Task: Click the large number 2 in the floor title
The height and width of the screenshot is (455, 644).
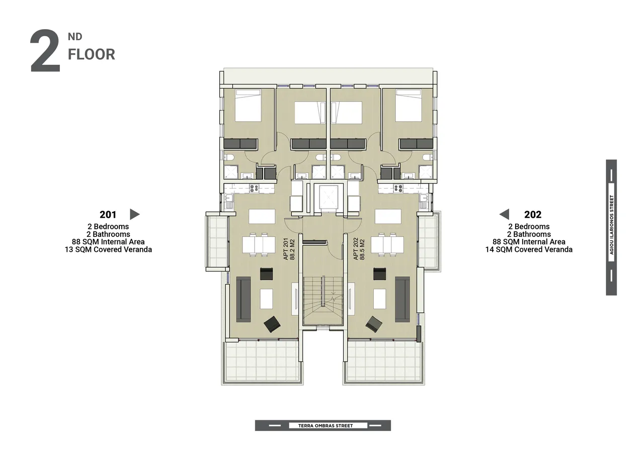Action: pyautogui.click(x=45, y=51)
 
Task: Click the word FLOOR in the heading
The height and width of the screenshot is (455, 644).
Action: pyautogui.click(x=92, y=55)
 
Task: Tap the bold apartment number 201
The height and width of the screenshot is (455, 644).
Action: pyautogui.click(x=108, y=215)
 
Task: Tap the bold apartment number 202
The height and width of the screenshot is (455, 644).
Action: pyautogui.click(x=533, y=215)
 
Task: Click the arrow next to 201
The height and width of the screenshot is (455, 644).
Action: pyautogui.click(x=134, y=214)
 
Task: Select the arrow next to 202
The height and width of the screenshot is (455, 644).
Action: pyautogui.click(x=504, y=214)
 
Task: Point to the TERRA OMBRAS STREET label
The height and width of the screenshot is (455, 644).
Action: pyautogui.click(x=326, y=426)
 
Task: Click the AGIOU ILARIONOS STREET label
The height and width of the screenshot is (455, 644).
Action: pyautogui.click(x=611, y=225)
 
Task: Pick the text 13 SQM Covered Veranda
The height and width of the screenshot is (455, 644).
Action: pyautogui.click(x=108, y=249)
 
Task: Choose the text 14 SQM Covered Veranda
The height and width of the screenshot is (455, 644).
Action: pyautogui.click(x=529, y=249)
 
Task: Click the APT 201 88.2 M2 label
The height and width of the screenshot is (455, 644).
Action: pyautogui.click(x=289, y=249)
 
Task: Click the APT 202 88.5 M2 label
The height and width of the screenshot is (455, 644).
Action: pyautogui.click(x=359, y=249)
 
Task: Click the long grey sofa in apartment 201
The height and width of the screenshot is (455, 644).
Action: pyautogui.click(x=244, y=299)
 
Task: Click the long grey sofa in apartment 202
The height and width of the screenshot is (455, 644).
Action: pyautogui.click(x=403, y=299)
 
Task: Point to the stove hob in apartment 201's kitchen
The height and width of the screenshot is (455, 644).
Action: pyautogui.click(x=254, y=189)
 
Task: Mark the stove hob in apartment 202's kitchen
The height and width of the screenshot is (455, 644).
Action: pyautogui.click(x=398, y=189)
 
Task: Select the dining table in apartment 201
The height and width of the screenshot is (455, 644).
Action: pyautogui.click(x=259, y=245)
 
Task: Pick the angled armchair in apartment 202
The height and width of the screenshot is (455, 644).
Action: pyautogui.click(x=374, y=324)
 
